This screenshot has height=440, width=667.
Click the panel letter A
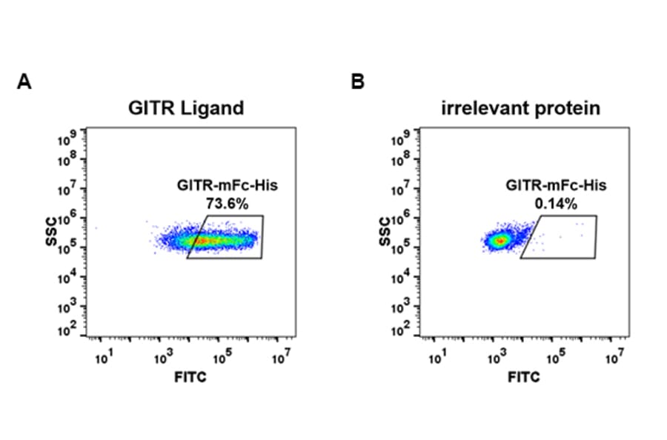(x=24, y=82)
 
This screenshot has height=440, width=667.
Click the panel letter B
(x=357, y=82)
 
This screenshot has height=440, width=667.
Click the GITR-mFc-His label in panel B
(x=556, y=186)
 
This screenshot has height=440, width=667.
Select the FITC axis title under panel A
(x=191, y=378)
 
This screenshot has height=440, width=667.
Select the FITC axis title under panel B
(x=525, y=378)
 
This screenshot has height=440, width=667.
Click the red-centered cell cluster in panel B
(x=501, y=240)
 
